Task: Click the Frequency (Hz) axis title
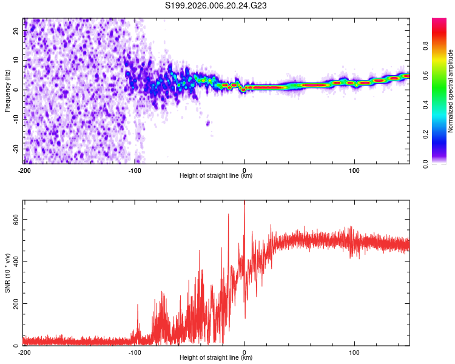click(7, 91)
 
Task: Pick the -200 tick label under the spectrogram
click(24, 170)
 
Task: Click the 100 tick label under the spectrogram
click(355, 170)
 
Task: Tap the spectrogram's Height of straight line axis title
click(217, 177)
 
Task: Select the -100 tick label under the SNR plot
click(134, 352)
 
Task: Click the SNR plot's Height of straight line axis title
click(217, 359)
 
